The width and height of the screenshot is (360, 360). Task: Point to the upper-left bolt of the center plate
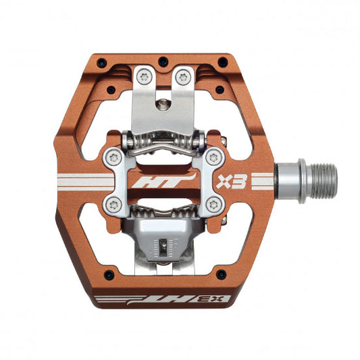coord(113,157)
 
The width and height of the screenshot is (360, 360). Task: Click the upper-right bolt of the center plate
coord(214,158)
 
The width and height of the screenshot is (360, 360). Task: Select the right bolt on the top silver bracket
coord(182,77)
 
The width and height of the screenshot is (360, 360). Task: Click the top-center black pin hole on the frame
coord(162,62)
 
